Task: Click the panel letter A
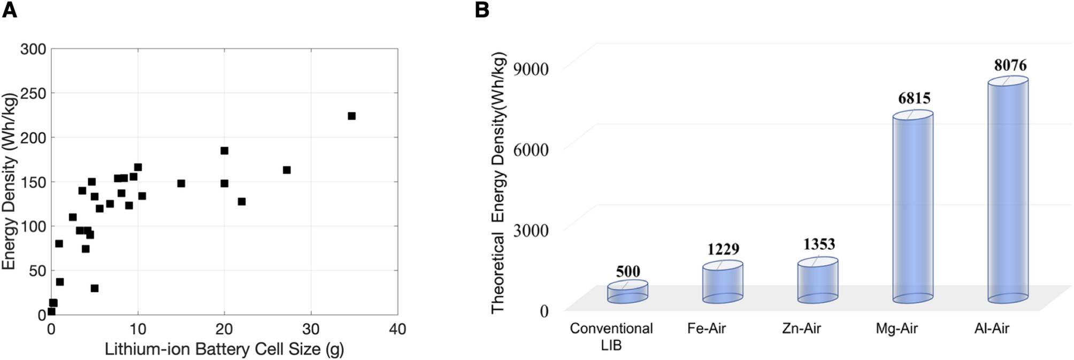tap(10, 10)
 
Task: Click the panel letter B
tap(481, 10)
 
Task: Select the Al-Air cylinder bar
tap(1008, 190)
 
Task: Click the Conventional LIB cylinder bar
tap(627, 292)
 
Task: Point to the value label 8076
tap(1010, 65)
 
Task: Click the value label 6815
tap(914, 98)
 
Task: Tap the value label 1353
tap(819, 244)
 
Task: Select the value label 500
tap(628, 272)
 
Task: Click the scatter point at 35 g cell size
tap(351, 116)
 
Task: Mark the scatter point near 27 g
tap(287, 170)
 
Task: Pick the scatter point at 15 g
tap(181, 183)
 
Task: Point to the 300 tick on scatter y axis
tap(33, 49)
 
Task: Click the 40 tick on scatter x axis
tap(397, 329)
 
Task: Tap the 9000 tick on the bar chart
tap(531, 69)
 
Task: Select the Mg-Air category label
tap(896, 328)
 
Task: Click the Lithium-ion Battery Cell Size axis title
tap(224, 349)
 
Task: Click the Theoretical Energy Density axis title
tap(498, 182)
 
